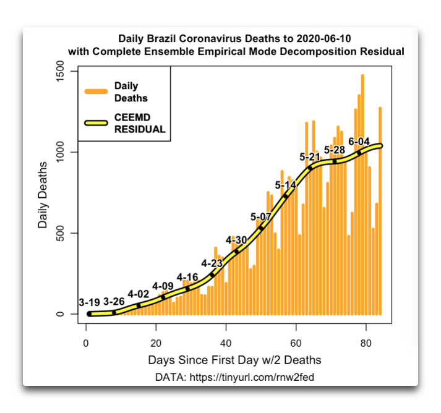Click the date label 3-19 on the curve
coord(91,302)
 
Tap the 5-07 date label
coord(261,216)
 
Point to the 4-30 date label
coord(236,240)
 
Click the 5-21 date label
coord(310,157)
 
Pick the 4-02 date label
coord(139,294)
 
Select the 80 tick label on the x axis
coord(366,342)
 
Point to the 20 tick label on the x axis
coord(156,342)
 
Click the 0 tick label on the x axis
coord(86,342)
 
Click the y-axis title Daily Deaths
coord(43,194)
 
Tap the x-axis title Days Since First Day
coord(234,359)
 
